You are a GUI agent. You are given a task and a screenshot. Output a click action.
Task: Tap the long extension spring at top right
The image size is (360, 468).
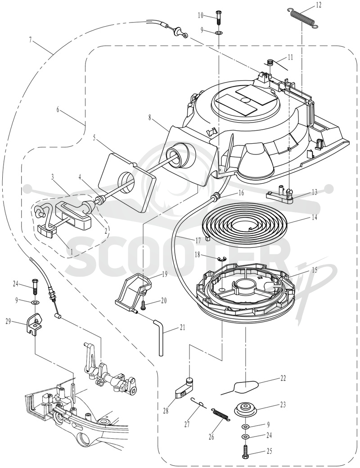pos(302,18)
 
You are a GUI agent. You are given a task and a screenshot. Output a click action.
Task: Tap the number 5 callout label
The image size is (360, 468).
pos(94,138)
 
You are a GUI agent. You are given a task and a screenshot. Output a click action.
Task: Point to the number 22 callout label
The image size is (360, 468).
pos(283,378)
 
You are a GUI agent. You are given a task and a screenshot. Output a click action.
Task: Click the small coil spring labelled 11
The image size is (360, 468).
pos(270,63)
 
